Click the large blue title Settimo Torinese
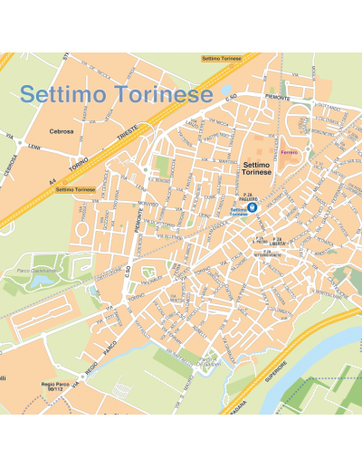[117, 94]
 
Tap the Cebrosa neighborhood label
[62, 130]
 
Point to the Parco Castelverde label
[36, 270]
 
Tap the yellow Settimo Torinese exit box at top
[223, 58]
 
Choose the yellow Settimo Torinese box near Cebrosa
[75, 189]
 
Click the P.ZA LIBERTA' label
[277, 242]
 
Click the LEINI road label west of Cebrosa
[34, 147]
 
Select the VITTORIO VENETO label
[268, 254]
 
